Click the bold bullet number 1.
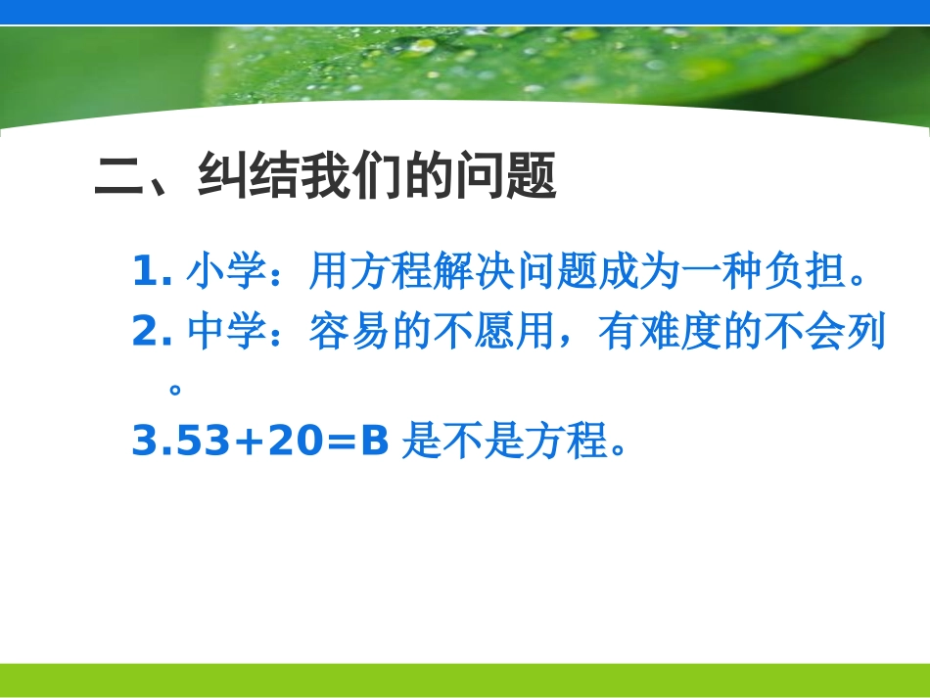tap(146, 273)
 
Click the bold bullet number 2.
tap(146, 334)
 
